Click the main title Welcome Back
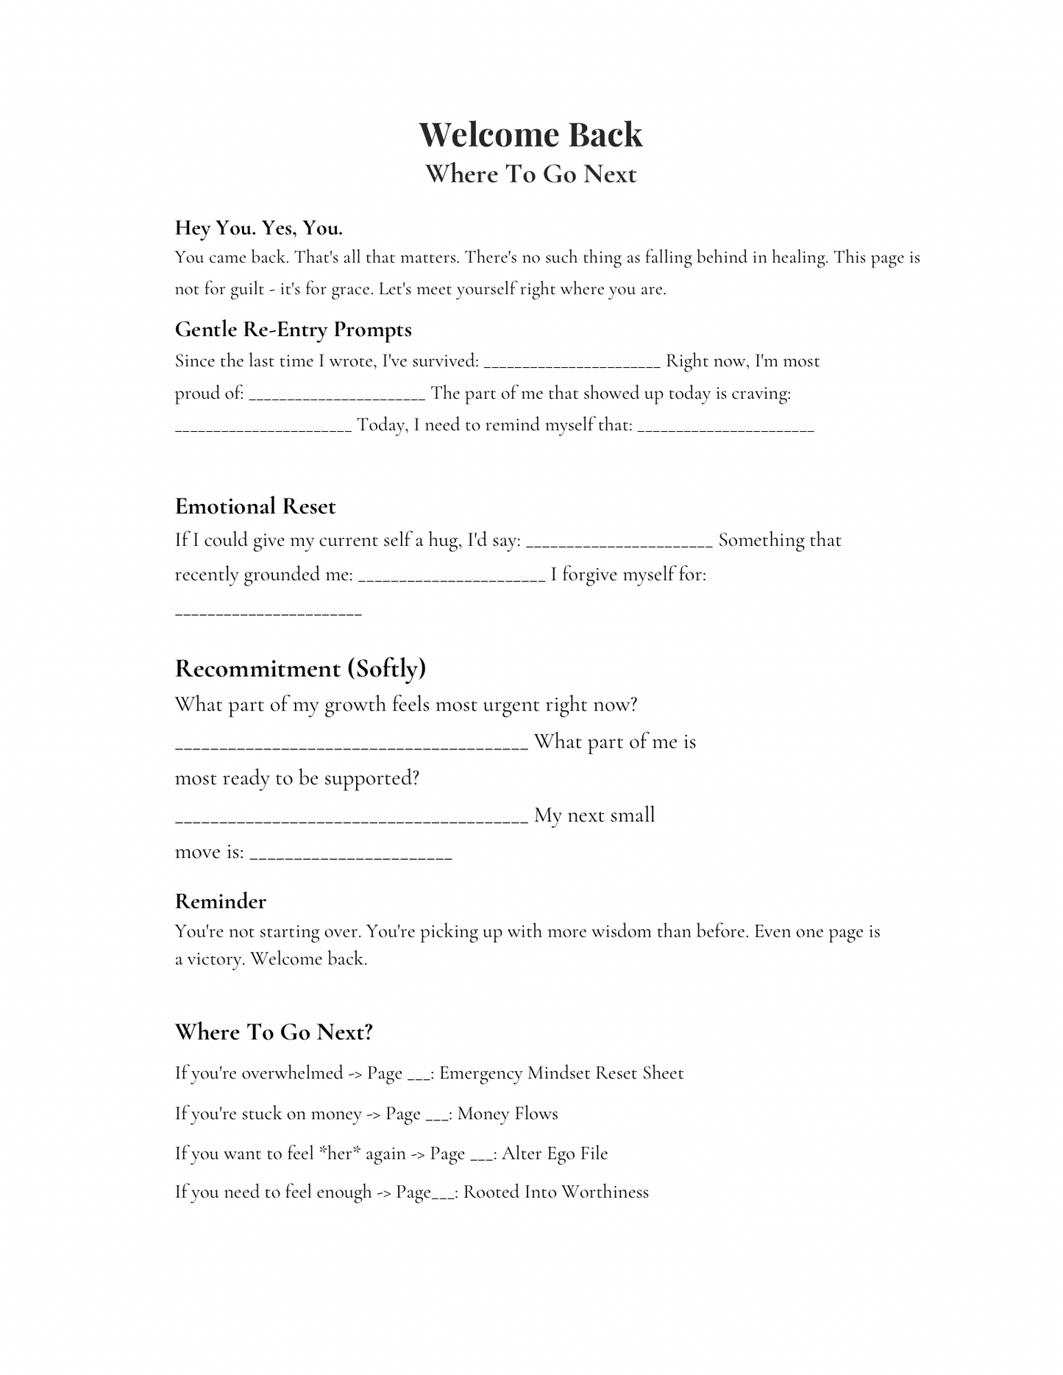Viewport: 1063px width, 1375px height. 530,135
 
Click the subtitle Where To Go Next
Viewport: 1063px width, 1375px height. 530,174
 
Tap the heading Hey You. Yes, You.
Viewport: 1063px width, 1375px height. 259,228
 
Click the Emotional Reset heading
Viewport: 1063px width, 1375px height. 255,506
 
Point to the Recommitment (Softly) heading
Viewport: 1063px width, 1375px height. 300,668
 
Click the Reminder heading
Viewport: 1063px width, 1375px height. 220,901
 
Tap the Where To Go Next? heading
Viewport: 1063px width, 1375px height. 274,1032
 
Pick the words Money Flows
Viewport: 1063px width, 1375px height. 508,1114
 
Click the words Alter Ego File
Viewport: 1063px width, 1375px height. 555,1154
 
